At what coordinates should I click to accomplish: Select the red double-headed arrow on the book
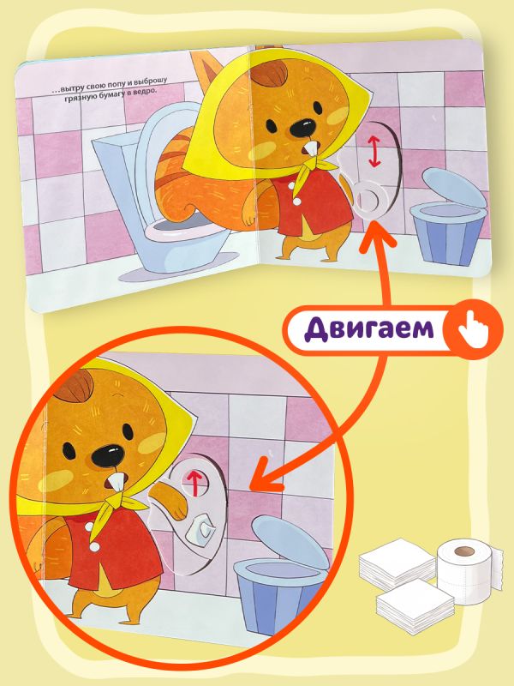click(x=374, y=152)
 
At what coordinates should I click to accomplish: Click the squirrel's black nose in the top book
click(x=303, y=127)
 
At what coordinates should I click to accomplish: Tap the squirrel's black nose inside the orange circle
click(x=108, y=456)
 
